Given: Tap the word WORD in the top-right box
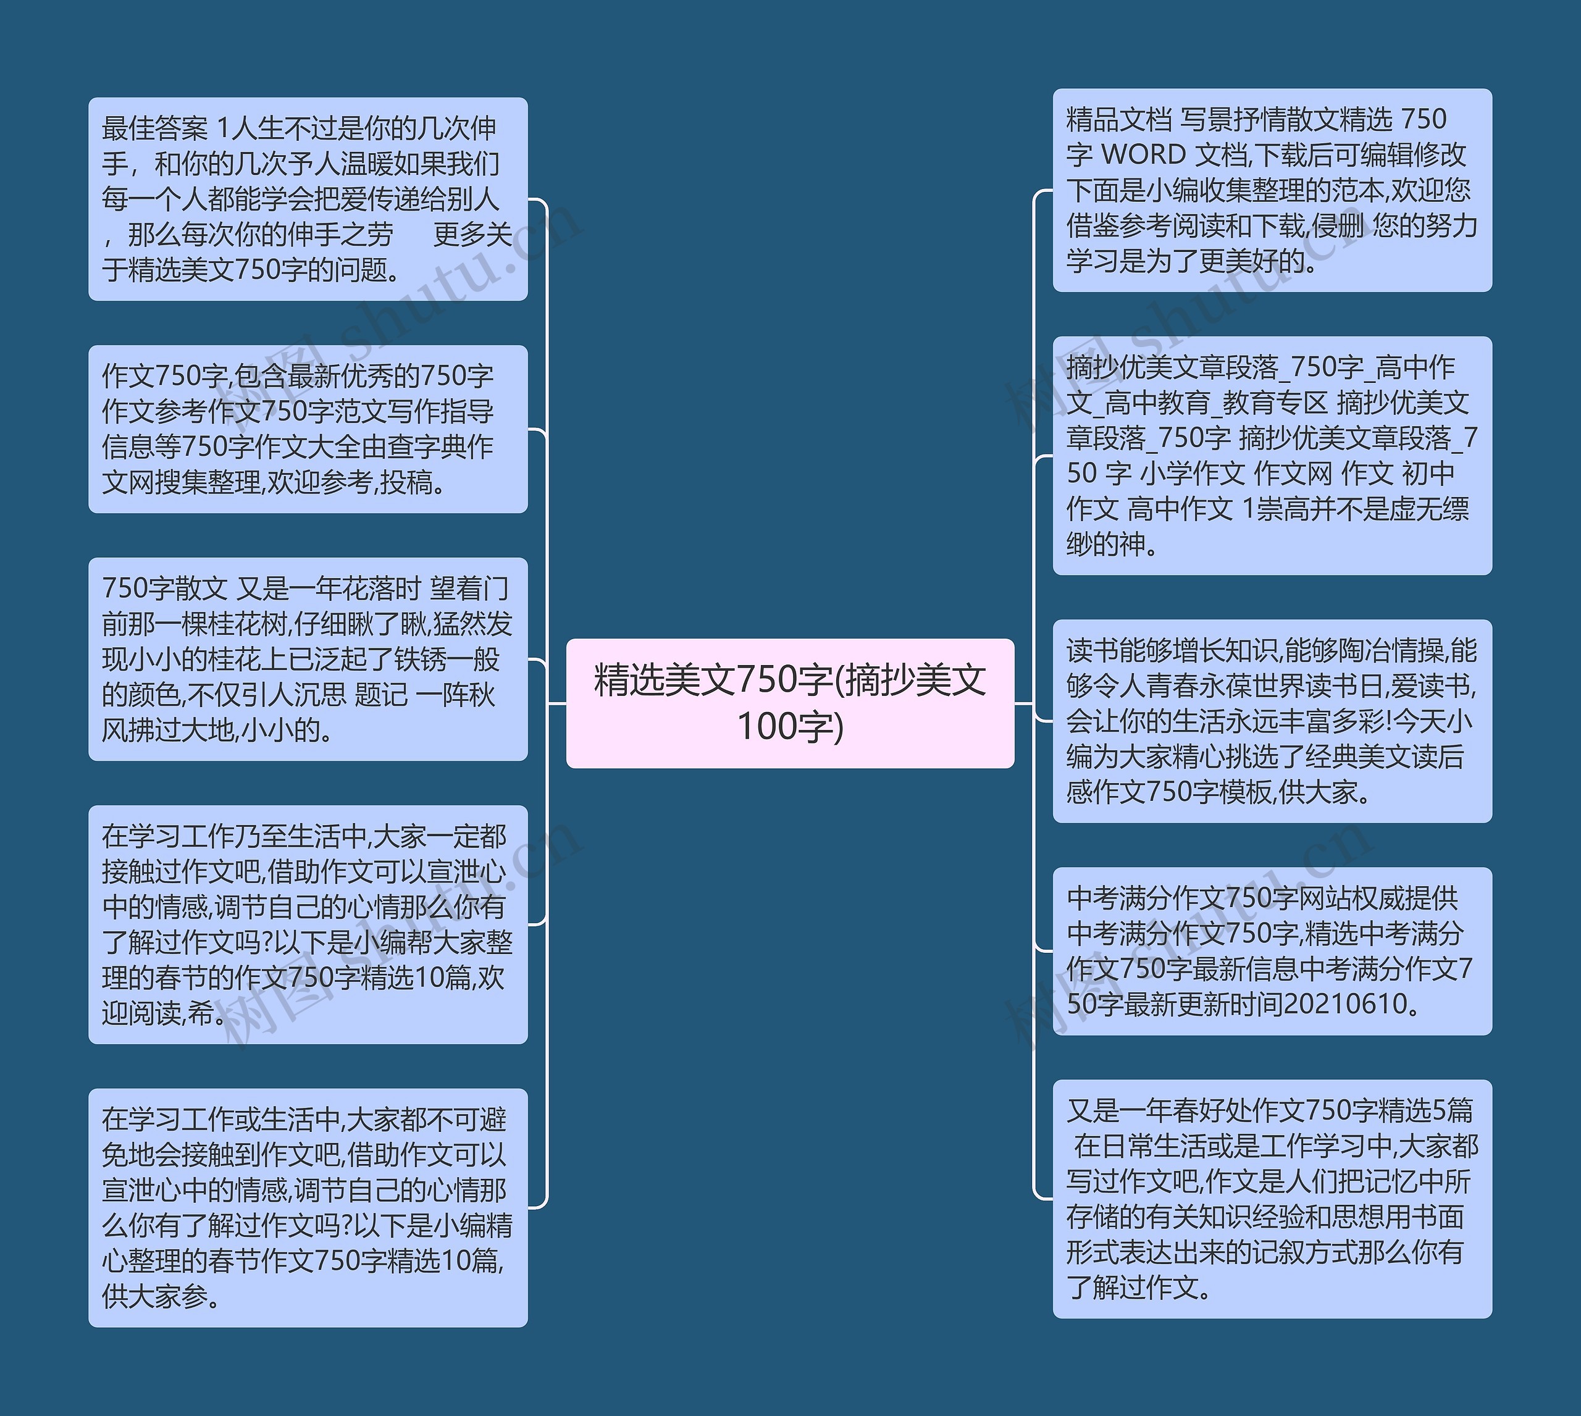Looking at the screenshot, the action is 1144,155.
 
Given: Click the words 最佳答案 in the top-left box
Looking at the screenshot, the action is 155,128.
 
